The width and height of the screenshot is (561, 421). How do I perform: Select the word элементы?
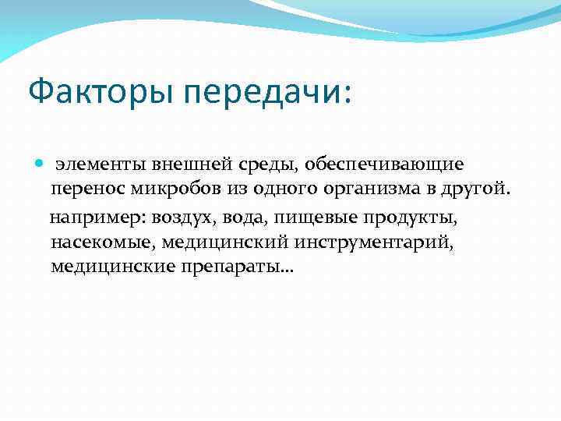(97, 165)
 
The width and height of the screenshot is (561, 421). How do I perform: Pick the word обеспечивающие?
(384, 165)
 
